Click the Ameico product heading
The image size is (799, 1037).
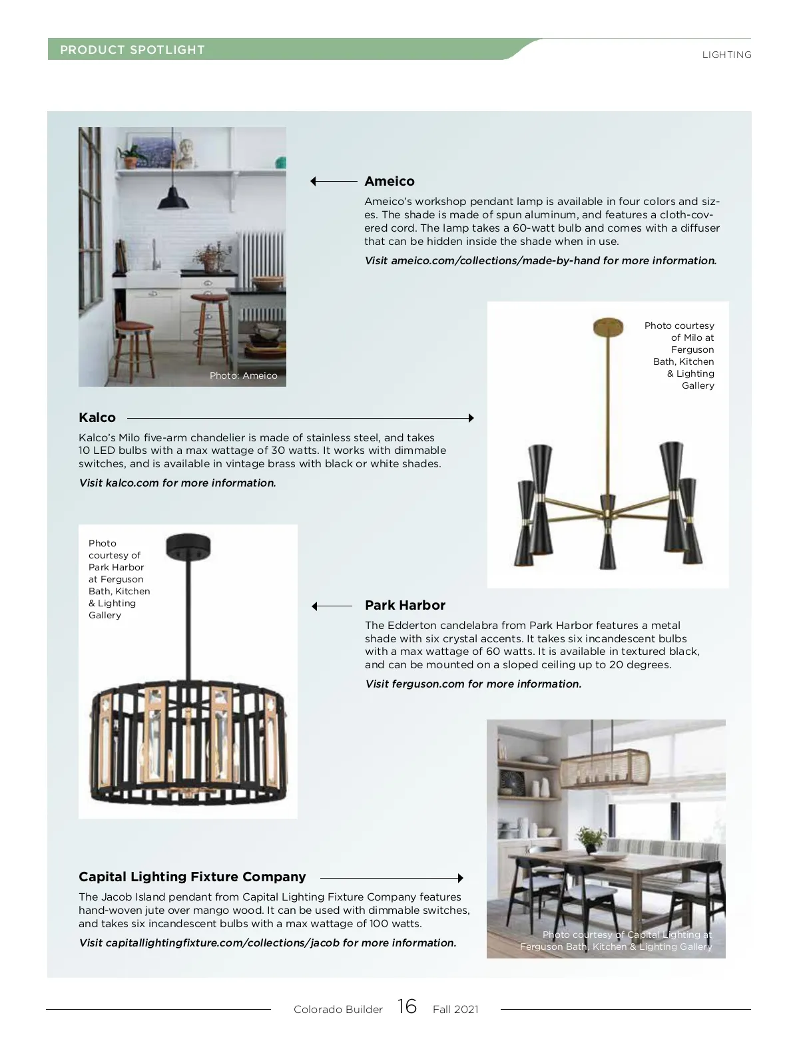tap(390, 181)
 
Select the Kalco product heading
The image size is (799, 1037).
tap(97, 417)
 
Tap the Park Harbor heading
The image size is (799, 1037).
tap(405, 605)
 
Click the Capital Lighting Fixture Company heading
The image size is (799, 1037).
tap(192, 877)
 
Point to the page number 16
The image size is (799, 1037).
tap(407, 1006)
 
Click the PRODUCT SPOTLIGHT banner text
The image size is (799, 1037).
tap(133, 50)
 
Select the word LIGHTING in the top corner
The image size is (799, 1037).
tap(726, 55)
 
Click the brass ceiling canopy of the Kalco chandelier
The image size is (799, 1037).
tap(608, 326)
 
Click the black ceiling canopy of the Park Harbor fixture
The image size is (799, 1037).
tap(188, 545)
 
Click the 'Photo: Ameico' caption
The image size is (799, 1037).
tap(243, 375)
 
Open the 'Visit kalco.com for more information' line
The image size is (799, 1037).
tap(177, 483)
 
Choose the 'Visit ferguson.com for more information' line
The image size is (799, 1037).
tap(473, 684)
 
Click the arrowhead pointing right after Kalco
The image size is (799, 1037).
tap(471, 418)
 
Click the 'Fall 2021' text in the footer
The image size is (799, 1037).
tap(455, 1009)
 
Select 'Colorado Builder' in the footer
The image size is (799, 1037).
tap(338, 1009)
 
